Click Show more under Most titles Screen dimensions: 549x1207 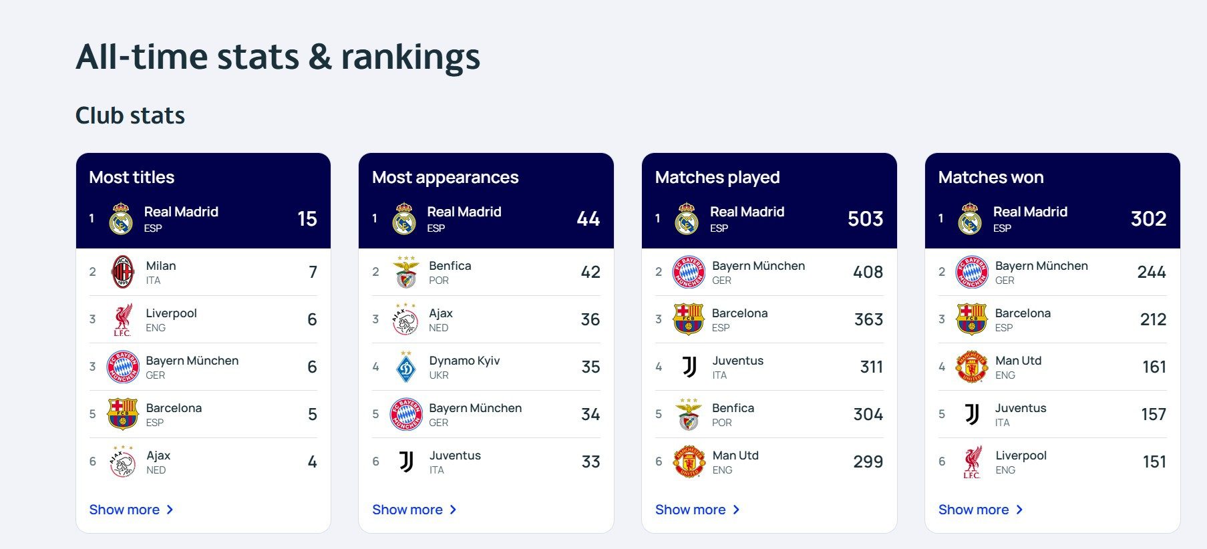point(131,510)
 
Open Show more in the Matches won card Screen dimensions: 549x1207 point(980,510)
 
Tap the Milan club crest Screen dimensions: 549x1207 point(123,272)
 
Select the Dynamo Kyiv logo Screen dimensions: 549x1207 point(406,367)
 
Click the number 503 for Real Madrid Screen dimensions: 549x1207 point(865,218)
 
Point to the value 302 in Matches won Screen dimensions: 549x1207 point(1148,218)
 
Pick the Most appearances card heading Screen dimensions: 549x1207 point(445,177)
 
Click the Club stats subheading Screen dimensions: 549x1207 point(130,116)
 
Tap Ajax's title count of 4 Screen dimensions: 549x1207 point(312,462)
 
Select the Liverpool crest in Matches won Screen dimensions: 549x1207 point(972,462)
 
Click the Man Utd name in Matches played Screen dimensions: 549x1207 point(735,455)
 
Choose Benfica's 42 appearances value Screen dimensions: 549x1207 point(590,272)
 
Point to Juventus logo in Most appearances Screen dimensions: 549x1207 point(406,462)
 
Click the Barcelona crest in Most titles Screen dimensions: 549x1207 point(123,414)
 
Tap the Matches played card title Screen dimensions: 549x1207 point(717,177)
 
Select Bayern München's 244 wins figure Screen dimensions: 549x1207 point(1152,272)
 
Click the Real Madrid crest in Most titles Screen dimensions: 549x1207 point(121,218)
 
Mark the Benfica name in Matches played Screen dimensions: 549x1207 point(733,408)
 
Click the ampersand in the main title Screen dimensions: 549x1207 point(320,57)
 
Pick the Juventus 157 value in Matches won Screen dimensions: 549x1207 point(1154,414)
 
